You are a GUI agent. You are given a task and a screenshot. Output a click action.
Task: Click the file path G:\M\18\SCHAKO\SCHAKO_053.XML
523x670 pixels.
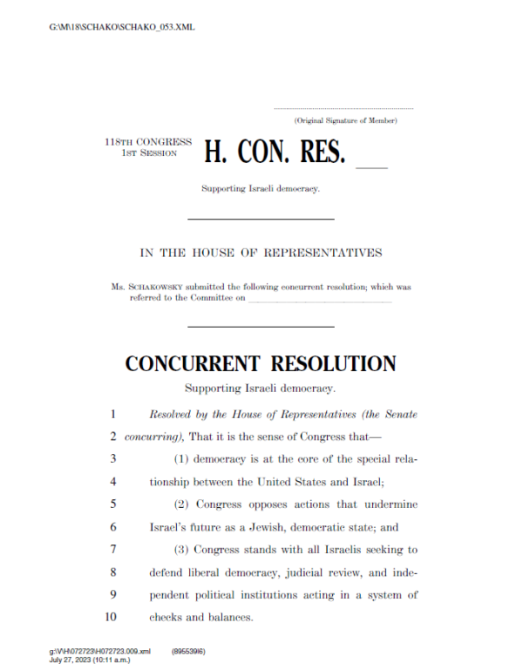coord(122,27)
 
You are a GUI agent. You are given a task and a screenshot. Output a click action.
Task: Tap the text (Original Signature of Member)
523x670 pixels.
coord(345,119)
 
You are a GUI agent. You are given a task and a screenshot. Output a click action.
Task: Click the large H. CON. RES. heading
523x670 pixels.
coord(275,152)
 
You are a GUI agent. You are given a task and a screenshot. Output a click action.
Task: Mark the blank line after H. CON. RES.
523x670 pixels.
coord(372,164)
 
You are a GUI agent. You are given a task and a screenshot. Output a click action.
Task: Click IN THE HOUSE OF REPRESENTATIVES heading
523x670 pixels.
coord(261,253)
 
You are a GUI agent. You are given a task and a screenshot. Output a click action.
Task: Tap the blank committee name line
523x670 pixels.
coord(320,300)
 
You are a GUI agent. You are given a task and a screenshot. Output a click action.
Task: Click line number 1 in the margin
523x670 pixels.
coord(113,414)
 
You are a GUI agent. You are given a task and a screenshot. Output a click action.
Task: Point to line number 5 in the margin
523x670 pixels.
coord(113,504)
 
